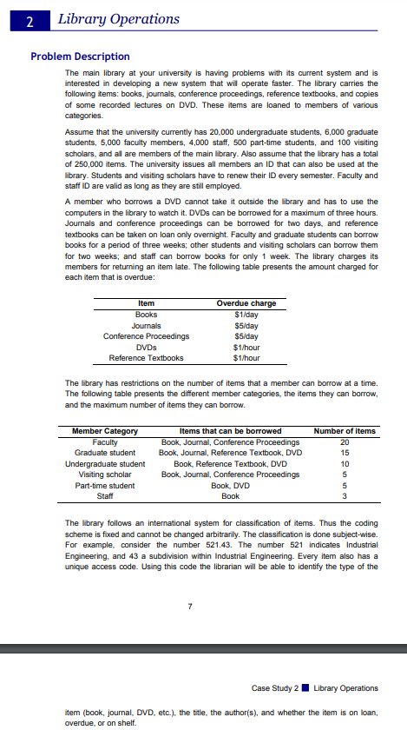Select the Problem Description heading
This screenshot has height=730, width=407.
click(80, 56)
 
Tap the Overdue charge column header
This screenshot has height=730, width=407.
click(246, 303)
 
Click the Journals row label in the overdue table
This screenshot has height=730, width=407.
click(147, 325)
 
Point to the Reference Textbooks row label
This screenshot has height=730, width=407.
click(147, 357)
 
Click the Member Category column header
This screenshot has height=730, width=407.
click(105, 431)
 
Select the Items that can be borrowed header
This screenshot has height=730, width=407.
click(230, 431)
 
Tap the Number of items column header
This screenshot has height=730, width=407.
click(345, 431)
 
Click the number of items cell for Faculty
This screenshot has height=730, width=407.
click(345, 442)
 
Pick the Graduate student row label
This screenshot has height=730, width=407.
click(105, 453)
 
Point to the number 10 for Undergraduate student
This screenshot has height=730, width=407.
click(345, 464)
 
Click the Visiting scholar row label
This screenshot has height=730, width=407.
click(105, 474)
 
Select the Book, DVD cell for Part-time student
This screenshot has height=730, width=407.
click(230, 486)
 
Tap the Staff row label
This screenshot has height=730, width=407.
click(105, 496)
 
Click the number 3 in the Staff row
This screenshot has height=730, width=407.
click(345, 496)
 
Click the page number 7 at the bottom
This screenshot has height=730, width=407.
click(202, 605)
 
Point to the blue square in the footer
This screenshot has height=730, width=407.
click(305, 689)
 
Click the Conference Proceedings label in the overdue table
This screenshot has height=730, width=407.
click(147, 335)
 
